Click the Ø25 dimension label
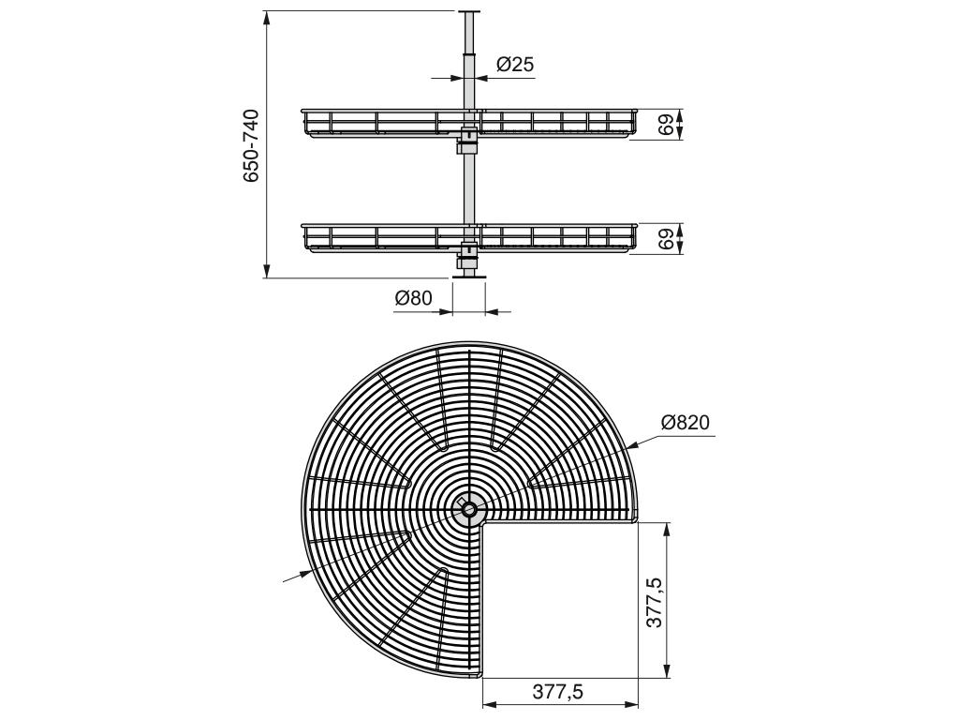coord(515,64)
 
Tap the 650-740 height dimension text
coord(251,145)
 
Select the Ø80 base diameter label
coord(413,298)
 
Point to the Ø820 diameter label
coord(685,423)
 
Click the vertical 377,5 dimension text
coord(655,602)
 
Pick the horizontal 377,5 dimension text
coord(558,691)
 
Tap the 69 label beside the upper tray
coord(667,125)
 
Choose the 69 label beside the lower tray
coord(667,238)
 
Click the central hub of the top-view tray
coord(469,509)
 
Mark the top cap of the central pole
coord(469,11)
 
